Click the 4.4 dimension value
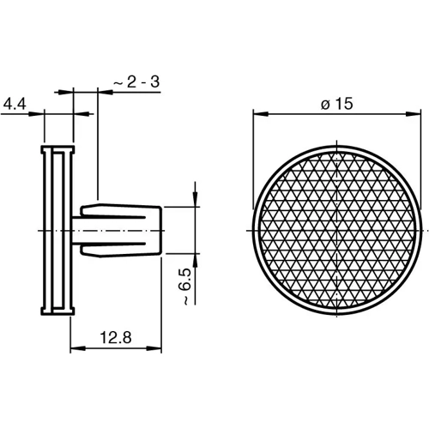(15, 103)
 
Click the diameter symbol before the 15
(324, 104)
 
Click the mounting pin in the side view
(120, 230)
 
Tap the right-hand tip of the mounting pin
(162, 230)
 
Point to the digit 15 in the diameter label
(345, 103)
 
